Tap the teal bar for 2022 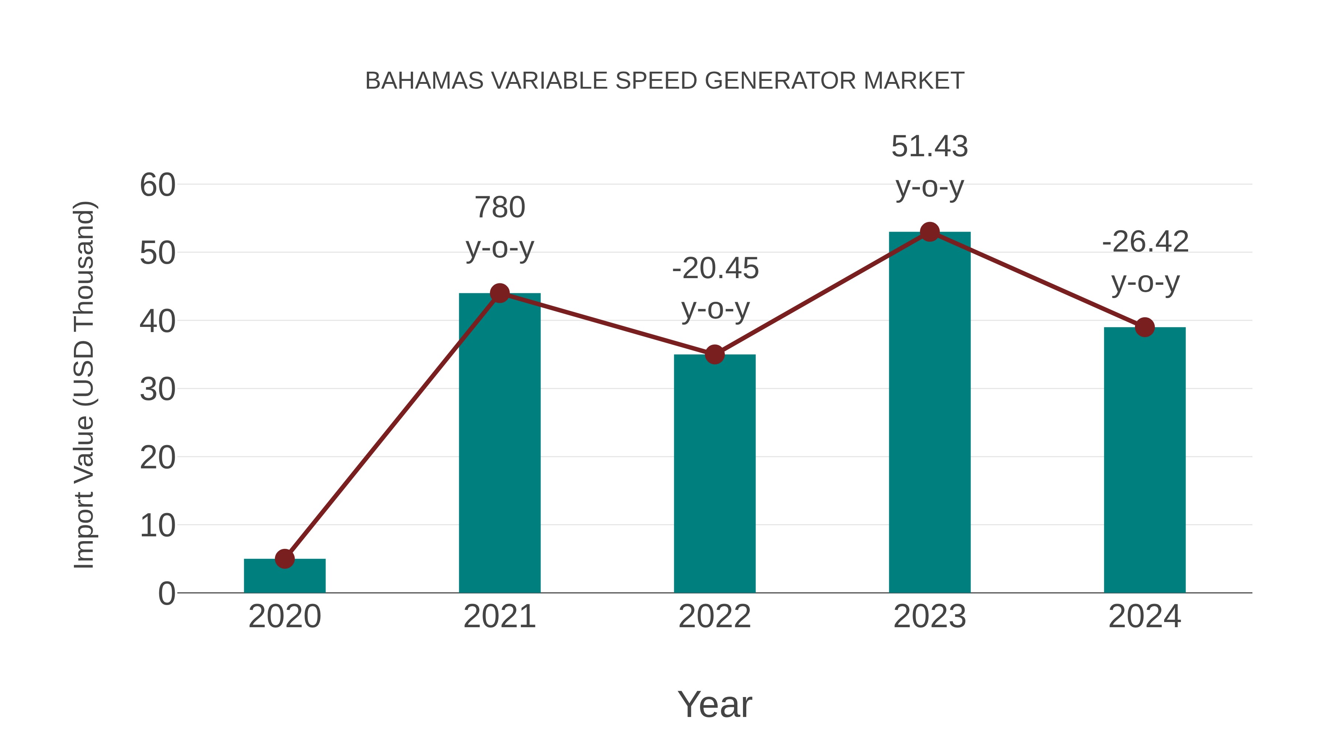[x=715, y=475]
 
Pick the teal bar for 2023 [x=930, y=413]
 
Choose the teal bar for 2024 [x=1145, y=460]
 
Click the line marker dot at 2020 [x=284, y=559]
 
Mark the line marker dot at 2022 [x=715, y=355]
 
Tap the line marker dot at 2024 [x=1145, y=327]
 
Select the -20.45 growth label [x=715, y=269]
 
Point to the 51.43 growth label [x=930, y=147]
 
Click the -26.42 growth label [x=1145, y=242]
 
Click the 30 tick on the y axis [x=157, y=389]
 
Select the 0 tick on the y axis [x=166, y=594]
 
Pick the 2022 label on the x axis [x=715, y=616]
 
